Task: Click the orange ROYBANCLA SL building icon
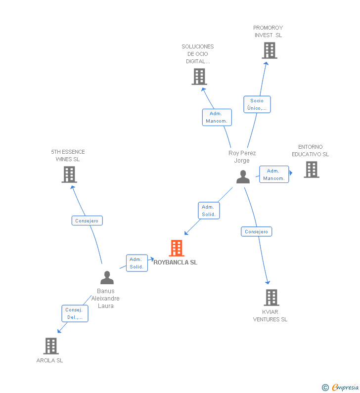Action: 177,248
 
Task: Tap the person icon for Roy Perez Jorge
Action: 243,177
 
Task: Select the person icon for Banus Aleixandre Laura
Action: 107,278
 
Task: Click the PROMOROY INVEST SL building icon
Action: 269,50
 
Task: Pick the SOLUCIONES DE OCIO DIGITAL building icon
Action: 199,77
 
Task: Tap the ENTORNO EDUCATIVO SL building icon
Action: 311,170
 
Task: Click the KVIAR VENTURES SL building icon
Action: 271,298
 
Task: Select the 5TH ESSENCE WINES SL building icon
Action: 69,175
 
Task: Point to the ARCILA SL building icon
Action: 51,346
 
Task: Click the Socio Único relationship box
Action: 257,104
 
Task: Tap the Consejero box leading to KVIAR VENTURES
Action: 257,231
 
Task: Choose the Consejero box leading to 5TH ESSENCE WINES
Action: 87,221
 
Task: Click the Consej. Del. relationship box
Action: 75,314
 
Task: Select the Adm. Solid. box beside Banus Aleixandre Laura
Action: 136,263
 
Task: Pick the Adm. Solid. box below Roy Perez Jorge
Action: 209,211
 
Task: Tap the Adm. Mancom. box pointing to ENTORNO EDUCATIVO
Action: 273,175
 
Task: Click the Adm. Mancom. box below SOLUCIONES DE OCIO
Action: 217,117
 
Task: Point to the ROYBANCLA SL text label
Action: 176,262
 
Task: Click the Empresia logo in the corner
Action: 341,388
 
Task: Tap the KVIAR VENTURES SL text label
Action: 270,316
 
